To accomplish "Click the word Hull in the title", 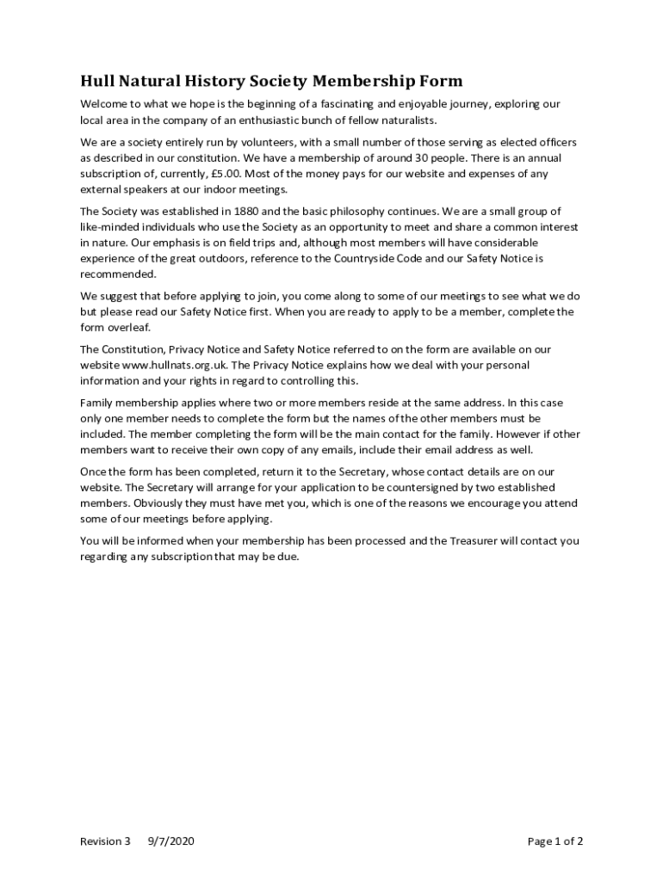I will pos(96,82).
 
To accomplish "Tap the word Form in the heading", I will pos(439,82).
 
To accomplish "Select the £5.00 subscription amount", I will pos(219,174).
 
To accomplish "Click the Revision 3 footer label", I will pos(105,841).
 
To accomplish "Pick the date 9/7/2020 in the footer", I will pos(171,841).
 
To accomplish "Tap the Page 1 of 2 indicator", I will pos(555,841).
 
